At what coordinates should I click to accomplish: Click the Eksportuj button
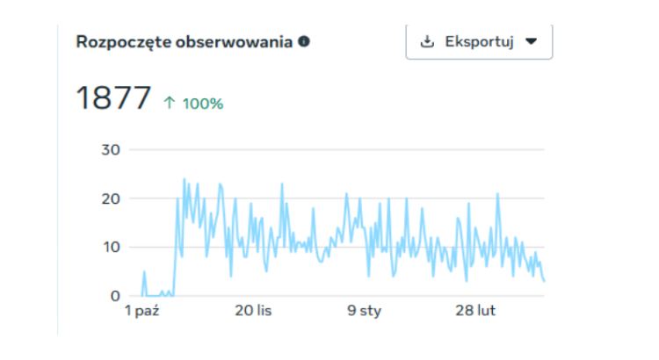[479, 41]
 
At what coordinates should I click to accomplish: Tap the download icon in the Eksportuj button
[428, 41]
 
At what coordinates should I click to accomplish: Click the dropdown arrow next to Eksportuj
[531, 41]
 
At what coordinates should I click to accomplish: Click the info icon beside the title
[304, 41]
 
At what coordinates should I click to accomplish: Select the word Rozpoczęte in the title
[119, 42]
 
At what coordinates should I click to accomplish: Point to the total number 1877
[113, 98]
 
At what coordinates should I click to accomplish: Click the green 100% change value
[202, 104]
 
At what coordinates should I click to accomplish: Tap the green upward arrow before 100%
[170, 104]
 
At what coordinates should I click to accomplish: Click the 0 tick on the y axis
[114, 296]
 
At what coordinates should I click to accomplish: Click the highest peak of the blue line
[185, 179]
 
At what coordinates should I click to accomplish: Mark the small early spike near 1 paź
[144, 272]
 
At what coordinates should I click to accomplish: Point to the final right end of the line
[545, 281]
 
